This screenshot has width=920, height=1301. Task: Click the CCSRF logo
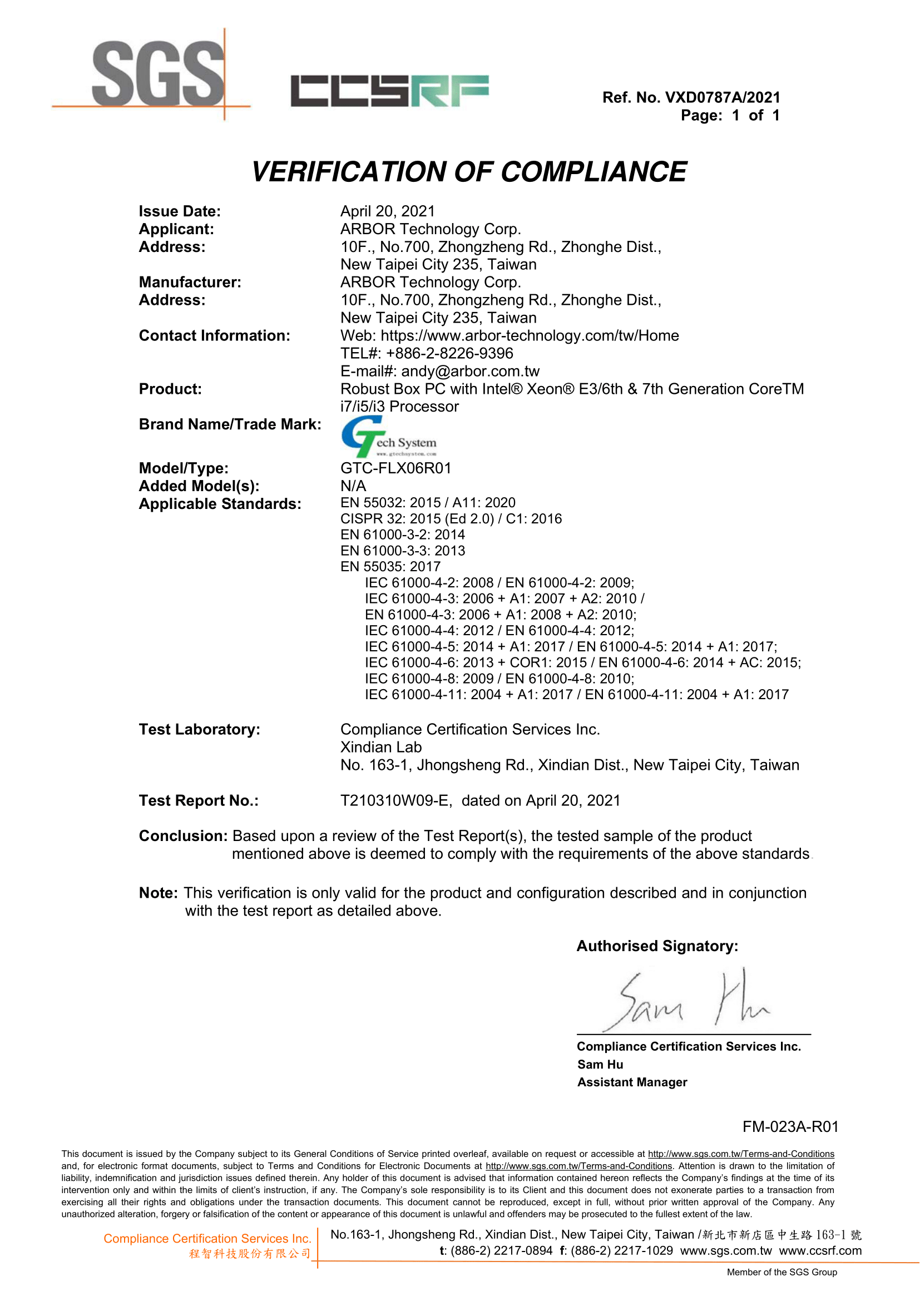(389, 91)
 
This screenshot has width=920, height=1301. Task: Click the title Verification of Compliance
(468, 172)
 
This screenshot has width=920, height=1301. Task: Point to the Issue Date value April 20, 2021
(388, 211)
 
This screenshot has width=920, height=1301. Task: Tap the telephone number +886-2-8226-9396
(449, 353)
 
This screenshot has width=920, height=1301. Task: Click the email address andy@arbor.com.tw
(470, 371)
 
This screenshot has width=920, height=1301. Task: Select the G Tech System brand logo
(389, 437)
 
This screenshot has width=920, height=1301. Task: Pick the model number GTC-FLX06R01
(395, 468)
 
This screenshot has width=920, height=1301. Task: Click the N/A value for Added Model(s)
(353, 486)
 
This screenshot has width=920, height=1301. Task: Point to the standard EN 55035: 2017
(390, 566)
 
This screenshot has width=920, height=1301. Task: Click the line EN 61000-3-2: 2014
(402, 535)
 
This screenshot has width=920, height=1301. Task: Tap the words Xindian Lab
(380, 747)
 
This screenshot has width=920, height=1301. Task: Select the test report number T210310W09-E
(395, 800)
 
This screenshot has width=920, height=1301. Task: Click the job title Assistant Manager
(632, 1082)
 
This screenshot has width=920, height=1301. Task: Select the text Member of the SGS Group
(781, 1272)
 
